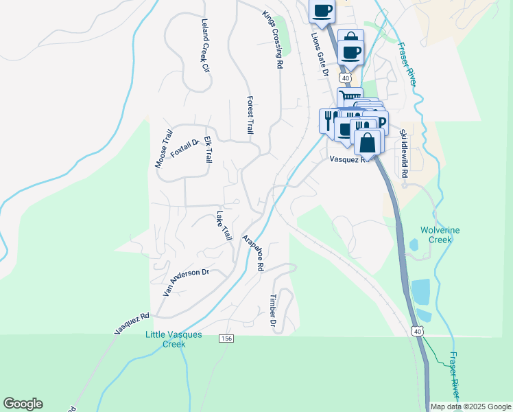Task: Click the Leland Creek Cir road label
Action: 204,45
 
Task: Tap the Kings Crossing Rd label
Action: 272,39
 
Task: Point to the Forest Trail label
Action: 250,115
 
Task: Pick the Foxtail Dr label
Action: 184,147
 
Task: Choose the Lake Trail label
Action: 224,225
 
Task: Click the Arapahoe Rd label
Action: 253,253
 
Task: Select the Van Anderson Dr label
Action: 185,281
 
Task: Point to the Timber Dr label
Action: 273,310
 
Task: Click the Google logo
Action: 23,404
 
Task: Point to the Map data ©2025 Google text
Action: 470,407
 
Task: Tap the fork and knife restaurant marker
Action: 328,119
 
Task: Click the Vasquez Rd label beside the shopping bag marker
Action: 349,159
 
